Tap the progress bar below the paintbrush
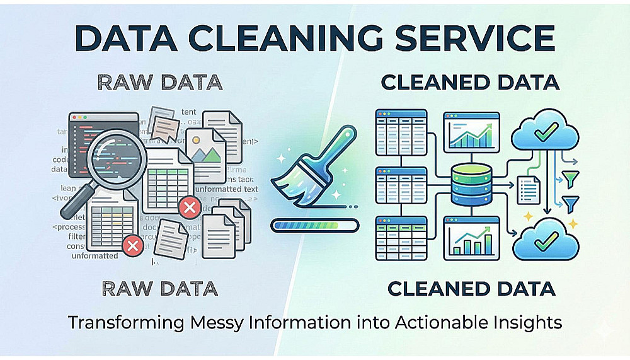click(314, 224)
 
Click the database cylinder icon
click(471, 182)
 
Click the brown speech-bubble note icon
click(166, 127)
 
